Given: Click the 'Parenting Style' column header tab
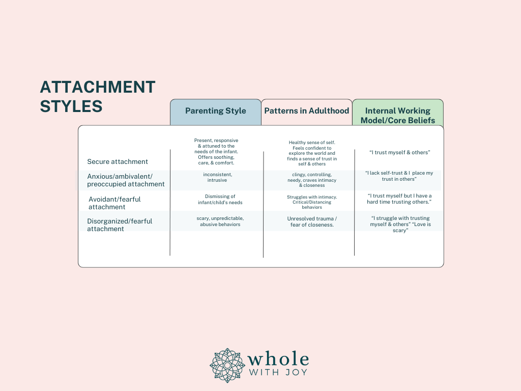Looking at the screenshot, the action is click(x=216, y=112).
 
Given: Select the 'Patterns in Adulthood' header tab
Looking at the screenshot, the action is click(x=307, y=112).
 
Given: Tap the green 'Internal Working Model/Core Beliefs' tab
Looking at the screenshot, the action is click(x=398, y=112).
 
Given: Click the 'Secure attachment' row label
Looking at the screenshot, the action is click(x=118, y=161).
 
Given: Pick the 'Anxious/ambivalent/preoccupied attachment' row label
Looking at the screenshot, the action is click(x=126, y=180).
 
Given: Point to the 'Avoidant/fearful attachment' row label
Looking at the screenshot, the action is click(x=114, y=203).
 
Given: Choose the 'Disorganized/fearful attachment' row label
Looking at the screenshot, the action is click(x=120, y=225).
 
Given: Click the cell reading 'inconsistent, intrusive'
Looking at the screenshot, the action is click(x=217, y=177).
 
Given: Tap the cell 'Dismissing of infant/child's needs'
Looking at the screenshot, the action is click(x=220, y=200).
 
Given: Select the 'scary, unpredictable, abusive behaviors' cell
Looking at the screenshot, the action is click(x=220, y=221).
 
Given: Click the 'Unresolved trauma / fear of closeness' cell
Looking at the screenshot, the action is click(x=312, y=222).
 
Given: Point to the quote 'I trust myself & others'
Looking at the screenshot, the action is click(x=400, y=152).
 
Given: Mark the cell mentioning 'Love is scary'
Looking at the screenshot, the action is click(x=400, y=224).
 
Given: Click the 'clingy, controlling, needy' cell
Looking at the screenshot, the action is click(x=312, y=180).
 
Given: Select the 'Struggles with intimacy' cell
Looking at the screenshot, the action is click(x=312, y=202).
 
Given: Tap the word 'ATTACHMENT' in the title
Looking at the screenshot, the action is click(x=98, y=87).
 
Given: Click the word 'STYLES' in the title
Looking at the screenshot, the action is click(x=71, y=106).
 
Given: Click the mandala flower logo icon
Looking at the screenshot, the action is click(x=227, y=366).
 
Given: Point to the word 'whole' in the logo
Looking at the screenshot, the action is click(x=278, y=359).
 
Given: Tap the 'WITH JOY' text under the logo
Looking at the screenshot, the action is click(x=278, y=372).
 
